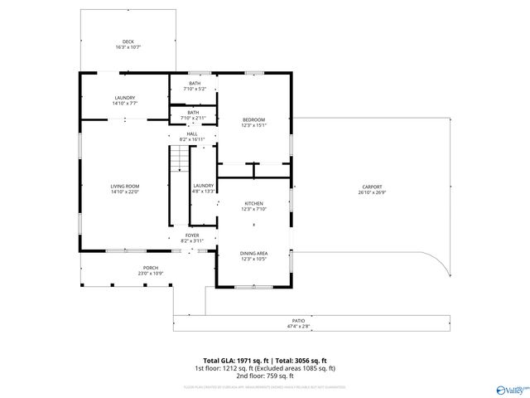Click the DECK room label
tap(128, 41)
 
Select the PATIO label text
tap(298, 319)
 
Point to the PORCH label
tap(150, 268)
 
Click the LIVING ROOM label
tap(125, 186)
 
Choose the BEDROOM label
tap(253, 120)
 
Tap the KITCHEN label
tap(253, 203)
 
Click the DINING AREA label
tap(253, 253)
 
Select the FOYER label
tap(192, 235)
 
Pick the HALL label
tap(192, 133)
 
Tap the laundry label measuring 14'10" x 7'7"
tap(125, 98)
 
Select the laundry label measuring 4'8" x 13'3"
tap(204, 186)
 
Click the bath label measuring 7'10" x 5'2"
tap(195, 84)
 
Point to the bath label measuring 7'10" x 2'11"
tap(193, 113)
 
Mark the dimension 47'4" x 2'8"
tap(298, 327)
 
